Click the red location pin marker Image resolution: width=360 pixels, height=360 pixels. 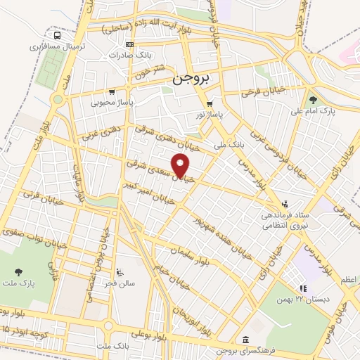[181, 166]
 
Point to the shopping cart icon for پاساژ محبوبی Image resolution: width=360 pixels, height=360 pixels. [112, 91]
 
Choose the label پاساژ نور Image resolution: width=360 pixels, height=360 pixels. [210, 113]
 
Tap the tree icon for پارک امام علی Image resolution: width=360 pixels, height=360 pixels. [313, 100]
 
